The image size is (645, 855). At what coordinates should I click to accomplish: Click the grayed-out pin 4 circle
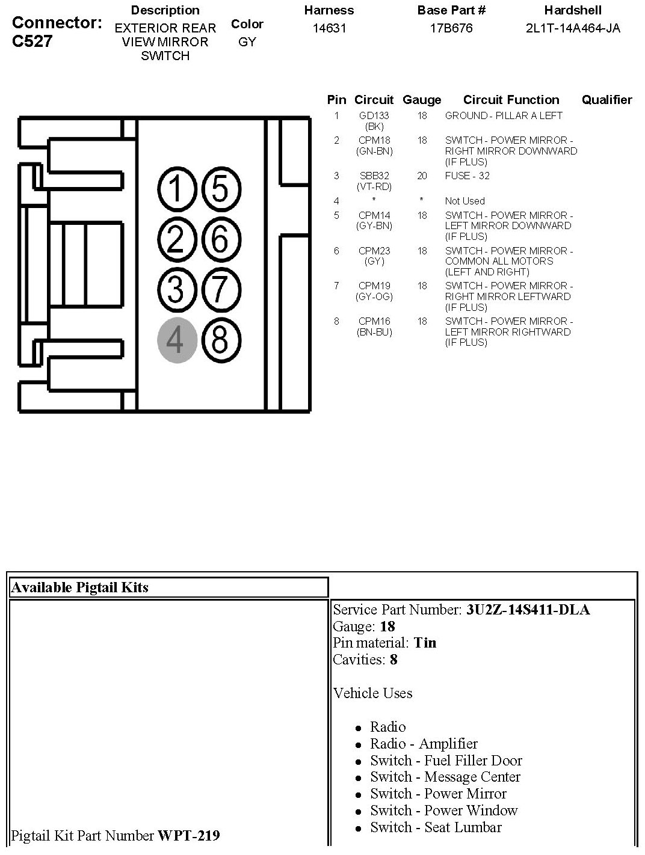(x=177, y=340)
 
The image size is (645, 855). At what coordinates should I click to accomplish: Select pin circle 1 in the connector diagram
(x=177, y=189)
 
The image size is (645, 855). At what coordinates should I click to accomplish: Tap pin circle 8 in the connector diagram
(x=220, y=340)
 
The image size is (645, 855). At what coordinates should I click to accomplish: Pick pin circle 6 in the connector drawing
(x=220, y=239)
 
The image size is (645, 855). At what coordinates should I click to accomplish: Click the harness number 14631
(x=329, y=28)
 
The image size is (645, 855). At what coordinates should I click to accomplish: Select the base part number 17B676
(x=451, y=28)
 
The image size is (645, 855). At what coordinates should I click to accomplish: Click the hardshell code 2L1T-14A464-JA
(x=573, y=28)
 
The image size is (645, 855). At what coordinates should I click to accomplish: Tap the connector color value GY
(x=247, y=42)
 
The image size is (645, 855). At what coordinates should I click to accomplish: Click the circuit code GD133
(x=374, y=115)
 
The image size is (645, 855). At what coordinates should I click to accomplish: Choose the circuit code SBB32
(x=374, y=176)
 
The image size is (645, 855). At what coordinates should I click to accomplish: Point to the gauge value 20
(x=422, y=176)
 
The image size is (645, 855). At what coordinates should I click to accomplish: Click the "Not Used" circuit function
(x=464, y=201)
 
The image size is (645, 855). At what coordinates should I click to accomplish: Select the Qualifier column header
(x=606, y=100)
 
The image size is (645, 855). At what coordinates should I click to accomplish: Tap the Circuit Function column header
(x=511, y=100)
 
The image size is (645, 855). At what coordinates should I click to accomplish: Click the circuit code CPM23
(x=374, y=251)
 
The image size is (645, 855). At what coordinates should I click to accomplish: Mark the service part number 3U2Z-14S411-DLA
(x=528, y=610)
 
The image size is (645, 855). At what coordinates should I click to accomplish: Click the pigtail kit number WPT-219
(x=188, y=835)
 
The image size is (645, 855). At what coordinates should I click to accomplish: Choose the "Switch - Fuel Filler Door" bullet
(x=446, y=760)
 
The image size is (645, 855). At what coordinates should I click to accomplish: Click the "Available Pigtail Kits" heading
(x=79, y=587)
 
